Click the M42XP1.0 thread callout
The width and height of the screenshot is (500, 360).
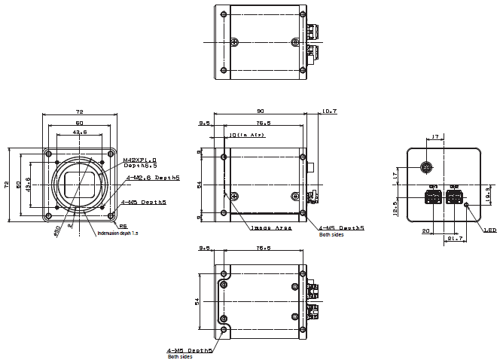point(139,160)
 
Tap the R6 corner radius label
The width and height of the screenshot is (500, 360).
point(123,224)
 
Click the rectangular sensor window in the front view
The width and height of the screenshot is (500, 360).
point(78,184)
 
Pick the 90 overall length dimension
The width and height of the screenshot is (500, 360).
point(261,110)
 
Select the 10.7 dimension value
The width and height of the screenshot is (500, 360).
point(328,111)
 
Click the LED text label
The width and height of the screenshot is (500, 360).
point(489,230)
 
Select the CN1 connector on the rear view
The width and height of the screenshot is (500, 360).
point(432,197)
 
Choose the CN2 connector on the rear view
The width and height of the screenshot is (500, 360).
point(454,197)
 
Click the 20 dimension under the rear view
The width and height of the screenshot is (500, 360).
point(425,231)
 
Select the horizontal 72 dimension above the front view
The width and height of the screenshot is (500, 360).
point(78,111)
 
